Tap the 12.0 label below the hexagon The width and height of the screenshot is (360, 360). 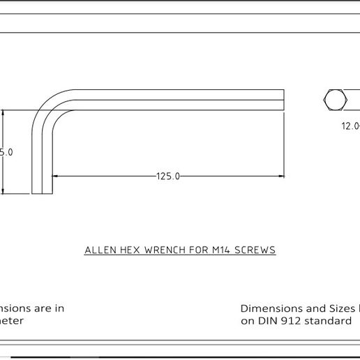pyautogui.click(x=350, y=126)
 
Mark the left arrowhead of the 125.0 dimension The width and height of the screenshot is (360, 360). pyautogui.click(x=57, y=177)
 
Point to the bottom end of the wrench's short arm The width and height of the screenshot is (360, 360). pyautogui.click(x=43, y=192)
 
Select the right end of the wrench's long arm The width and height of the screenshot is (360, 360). pyautogui.click(x=283, y=100)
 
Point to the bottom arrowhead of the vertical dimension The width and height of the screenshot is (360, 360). pyautogui.click(x=4, y=190)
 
